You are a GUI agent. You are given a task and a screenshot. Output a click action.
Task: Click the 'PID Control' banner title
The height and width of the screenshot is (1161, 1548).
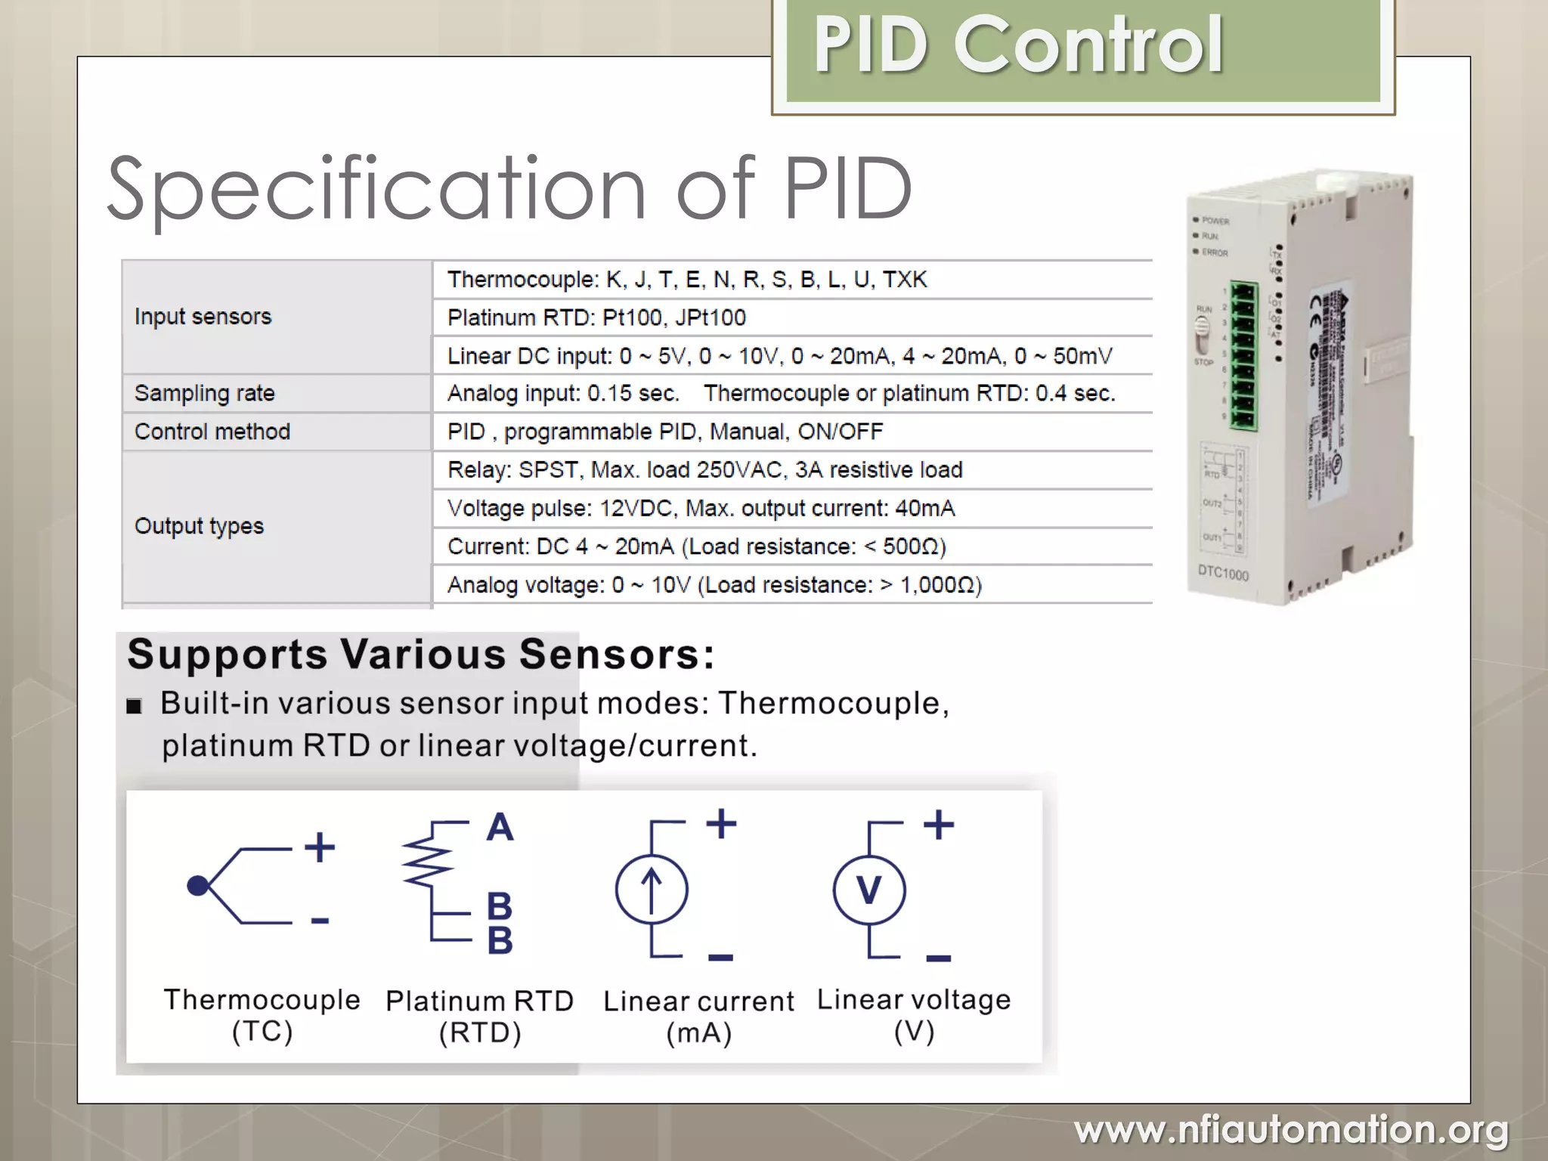1017,47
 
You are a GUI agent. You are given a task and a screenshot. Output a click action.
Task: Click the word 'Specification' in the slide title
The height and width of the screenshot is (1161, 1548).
376,189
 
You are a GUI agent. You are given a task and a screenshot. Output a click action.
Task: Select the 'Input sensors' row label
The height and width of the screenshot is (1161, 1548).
203,317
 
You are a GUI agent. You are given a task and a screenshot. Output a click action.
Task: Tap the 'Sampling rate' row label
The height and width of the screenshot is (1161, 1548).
204,393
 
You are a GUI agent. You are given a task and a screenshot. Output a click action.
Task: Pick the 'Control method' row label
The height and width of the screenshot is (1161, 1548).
212,432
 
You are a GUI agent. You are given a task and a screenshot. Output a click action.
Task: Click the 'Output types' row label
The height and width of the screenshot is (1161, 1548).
199,526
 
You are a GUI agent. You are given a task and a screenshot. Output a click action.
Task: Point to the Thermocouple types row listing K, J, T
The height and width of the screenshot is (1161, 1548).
686,280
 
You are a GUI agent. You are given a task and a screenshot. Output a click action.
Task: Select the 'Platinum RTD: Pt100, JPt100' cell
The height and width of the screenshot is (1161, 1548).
596,317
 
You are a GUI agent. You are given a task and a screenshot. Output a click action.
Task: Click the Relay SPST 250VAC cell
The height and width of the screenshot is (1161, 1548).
704,470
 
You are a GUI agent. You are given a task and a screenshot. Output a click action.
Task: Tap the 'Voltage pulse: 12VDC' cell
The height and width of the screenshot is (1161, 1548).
701,509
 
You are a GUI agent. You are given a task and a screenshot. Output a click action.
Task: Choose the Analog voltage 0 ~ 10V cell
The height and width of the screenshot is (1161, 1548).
714,585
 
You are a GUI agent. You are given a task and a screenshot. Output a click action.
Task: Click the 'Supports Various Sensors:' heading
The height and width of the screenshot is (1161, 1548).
420,655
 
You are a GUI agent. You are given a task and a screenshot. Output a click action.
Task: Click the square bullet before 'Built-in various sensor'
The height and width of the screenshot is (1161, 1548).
135,707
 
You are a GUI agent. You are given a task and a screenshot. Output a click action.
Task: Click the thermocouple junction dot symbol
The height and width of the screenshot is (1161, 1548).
197,886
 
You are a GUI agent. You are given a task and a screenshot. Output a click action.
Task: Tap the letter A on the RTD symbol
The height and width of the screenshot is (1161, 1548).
500,828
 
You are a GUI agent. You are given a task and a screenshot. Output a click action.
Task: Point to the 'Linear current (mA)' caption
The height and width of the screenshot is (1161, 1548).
698,1017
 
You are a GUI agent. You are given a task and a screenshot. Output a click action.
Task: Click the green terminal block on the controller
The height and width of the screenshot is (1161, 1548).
1243,356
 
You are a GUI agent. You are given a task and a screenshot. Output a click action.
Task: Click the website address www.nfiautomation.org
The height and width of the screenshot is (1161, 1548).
1291,1131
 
